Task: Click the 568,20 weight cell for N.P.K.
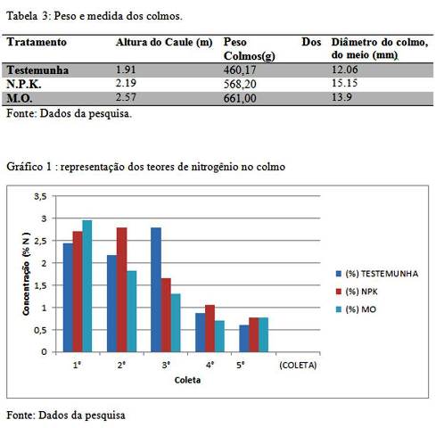(x=240, y=84)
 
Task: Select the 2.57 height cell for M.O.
(x=126, y=97)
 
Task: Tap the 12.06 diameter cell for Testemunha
(x=344, y=70)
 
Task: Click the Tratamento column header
(x=37, y=42)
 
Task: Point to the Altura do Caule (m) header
(x=164, y=43)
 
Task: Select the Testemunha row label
(x=37, y=70)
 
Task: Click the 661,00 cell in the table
(x=240, y=98)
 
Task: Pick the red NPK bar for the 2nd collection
(x=121, y=290)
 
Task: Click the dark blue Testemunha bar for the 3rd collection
(x=156, y=290)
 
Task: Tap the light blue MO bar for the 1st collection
(x=87, y=286)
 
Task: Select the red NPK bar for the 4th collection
(x=210, y=328)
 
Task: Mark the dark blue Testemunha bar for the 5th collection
(x=244, y=339)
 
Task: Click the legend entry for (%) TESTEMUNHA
(x=377, y=274)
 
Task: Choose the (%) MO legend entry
(x=356, y=309)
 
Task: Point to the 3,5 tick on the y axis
(x=40, y=196)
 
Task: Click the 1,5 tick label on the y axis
(x=40, y=285)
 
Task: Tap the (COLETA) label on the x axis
(x=298, y=365)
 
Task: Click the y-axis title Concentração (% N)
(x=27, y=274)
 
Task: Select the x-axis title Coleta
(x=187, y=380)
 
